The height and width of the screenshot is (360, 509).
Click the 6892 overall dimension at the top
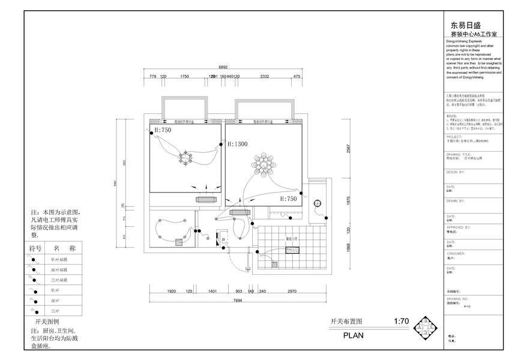point(223,67)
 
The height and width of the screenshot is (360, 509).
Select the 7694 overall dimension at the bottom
point(238,301)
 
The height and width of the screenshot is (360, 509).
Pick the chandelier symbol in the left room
point(184,158)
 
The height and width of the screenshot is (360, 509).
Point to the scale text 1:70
point(400,322)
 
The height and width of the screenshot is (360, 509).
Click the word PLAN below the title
point(353,336)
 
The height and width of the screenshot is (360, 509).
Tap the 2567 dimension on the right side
point(348,151)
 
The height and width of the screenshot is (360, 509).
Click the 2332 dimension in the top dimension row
point(264,77)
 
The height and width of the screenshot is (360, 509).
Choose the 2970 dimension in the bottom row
point(292,291)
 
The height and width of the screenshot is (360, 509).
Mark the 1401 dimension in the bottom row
point(212,291)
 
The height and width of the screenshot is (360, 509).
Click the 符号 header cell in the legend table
point(35,248)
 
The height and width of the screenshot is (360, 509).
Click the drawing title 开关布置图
point(347,322)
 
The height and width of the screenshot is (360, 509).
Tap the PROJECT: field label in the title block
point(454,136)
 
